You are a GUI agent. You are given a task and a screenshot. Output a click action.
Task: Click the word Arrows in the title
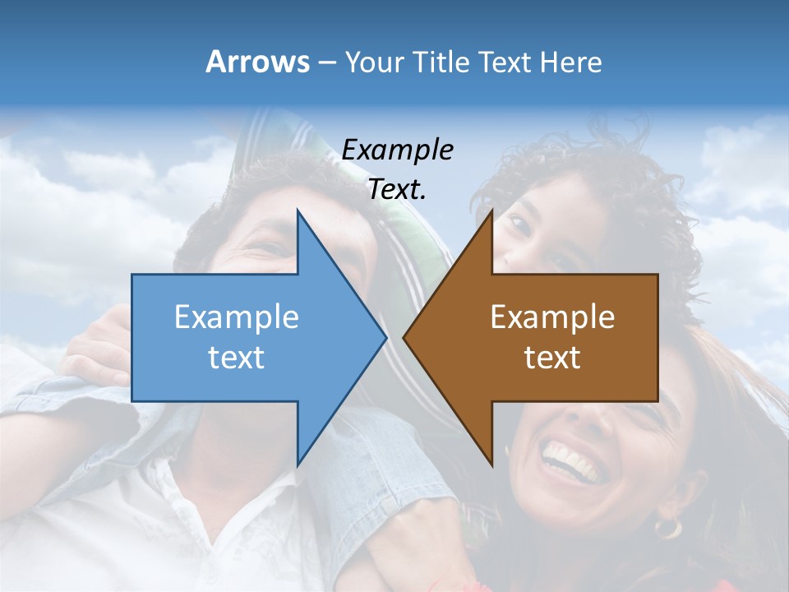[x=257, y=62]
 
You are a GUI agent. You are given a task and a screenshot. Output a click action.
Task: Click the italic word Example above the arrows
[x=397, y=150]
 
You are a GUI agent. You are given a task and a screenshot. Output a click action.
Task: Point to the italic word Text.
[x=397, y=190]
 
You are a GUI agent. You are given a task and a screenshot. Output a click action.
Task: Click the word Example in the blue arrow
[x=237, y=317]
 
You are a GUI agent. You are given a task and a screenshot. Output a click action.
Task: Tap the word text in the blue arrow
[x=237, y=357]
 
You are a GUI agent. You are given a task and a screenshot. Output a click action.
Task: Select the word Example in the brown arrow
[x=552, y=317]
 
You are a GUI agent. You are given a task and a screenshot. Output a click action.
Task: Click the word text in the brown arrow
[x=552, y=357]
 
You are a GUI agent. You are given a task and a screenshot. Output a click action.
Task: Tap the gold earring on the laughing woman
[x=667, y=527]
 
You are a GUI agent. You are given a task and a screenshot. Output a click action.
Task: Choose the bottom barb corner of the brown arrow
[x=491, y=465]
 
